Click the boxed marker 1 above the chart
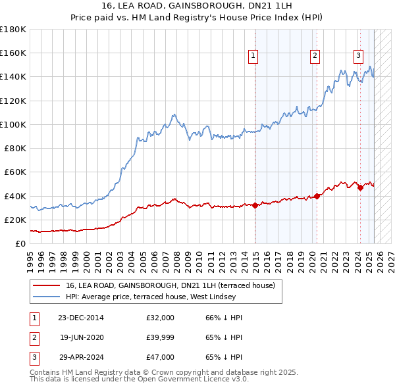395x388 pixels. [253, 57]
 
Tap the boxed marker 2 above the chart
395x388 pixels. [315, 57]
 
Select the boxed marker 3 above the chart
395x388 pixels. [359, 57]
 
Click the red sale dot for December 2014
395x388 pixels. [255, 205]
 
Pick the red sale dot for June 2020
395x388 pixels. [317, 196]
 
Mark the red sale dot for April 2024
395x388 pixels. [360, 187]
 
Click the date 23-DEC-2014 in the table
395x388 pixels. [81, 318]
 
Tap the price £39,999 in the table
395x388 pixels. [161, 337]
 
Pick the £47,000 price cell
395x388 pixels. [161, 357]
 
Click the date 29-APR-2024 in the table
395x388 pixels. [81, 357]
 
